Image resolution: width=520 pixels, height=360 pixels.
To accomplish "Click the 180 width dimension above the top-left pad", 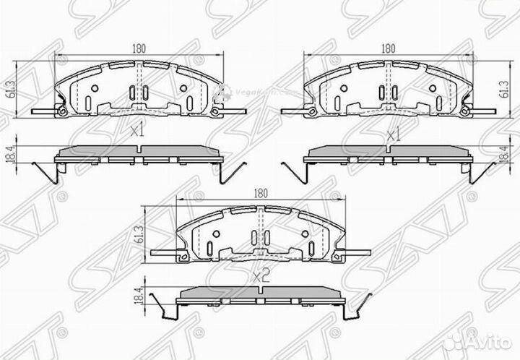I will (139, 48).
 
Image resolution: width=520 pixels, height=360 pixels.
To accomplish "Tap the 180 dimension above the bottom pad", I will (261, 194).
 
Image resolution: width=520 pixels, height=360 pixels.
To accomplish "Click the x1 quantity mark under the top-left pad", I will (137, 132).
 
